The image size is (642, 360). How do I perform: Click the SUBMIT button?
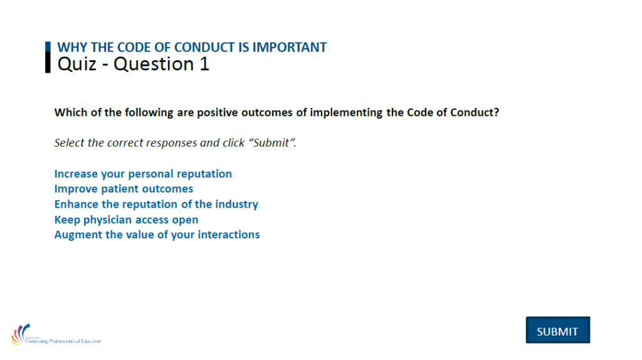point(557,330)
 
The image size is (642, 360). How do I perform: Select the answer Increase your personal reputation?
point(143,174)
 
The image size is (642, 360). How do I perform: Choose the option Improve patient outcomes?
point(124,189)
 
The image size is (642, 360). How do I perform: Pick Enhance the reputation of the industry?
point(156,204)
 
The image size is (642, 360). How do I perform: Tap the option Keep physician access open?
point(126,220)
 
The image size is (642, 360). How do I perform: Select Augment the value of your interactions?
point(157,235)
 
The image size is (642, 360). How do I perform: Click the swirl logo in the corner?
point(20,334)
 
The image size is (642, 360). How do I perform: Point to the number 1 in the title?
point(204,65)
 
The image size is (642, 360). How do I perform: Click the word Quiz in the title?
point(77,65)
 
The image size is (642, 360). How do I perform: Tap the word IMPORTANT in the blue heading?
point(290,47)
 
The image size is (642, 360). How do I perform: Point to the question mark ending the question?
point(497,112)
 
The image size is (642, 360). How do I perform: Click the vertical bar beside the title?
point(48,57)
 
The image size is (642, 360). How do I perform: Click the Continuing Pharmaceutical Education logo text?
point(63,341)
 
